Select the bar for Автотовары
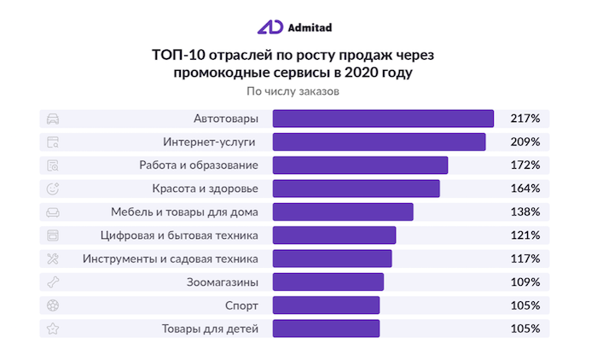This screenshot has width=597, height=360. point(383,119)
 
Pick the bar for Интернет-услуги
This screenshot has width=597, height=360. point(379,142)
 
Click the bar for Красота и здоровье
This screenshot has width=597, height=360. point(356,189)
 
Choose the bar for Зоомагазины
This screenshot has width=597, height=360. point(327,281)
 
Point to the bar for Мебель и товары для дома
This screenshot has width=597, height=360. point(342,212)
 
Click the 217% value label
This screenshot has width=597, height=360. point(525,119)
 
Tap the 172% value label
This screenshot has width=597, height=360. point(525,165)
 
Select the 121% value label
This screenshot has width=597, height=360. point(525,235)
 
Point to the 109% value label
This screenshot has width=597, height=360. point(525,281)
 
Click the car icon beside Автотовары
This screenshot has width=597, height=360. point(53,119)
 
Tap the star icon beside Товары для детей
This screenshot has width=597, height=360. point(53,328)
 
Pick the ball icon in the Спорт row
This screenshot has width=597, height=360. point(53,305)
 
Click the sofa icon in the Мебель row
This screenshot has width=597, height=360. point(53,212)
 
